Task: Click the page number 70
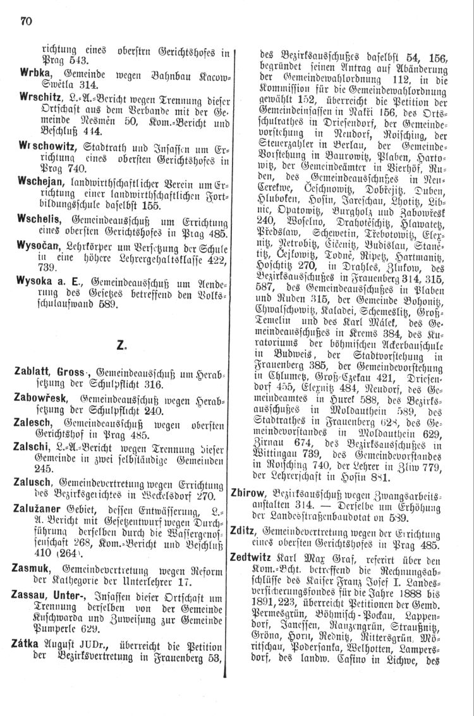pos(26,22)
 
